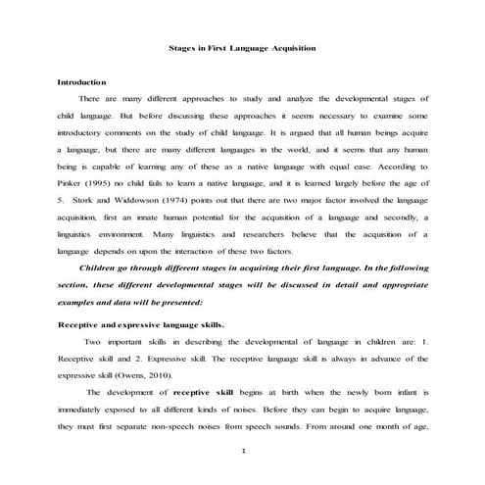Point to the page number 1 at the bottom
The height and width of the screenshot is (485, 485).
[242, 478]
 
